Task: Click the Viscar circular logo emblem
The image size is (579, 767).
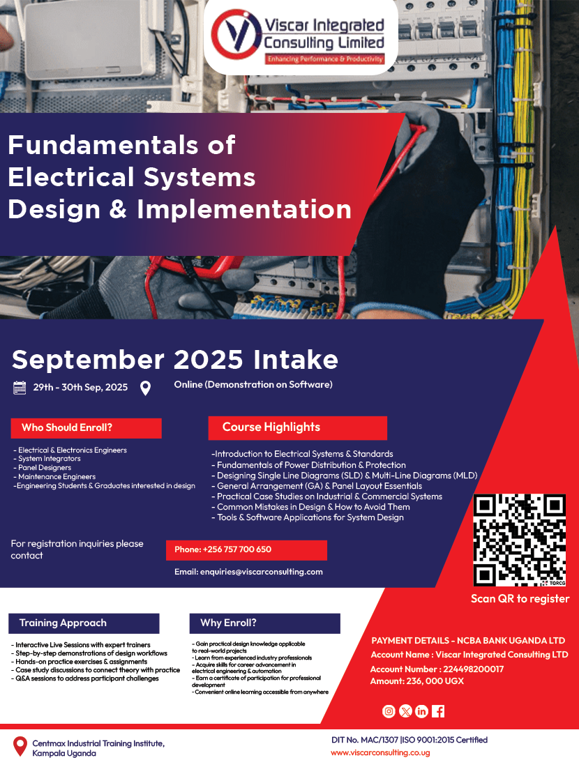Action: coord(235,36)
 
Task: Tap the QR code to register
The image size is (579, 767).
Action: coord(520,540)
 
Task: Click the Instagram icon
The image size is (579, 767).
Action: coord(389,711)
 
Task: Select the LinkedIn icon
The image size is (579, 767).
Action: coord(421,711)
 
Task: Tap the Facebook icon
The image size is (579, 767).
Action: coord(438,711)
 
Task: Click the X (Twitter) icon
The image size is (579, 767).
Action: coord(405,711)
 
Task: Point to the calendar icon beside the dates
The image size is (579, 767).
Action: coord(20,388)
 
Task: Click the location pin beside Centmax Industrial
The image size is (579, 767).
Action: coord(20,746)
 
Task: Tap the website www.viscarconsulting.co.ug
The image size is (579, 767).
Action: coord(380,753)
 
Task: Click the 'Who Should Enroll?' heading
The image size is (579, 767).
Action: coord(67,427)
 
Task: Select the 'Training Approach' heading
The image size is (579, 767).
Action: coord(63,623)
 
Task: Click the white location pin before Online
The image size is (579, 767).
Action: coord(145,388)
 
